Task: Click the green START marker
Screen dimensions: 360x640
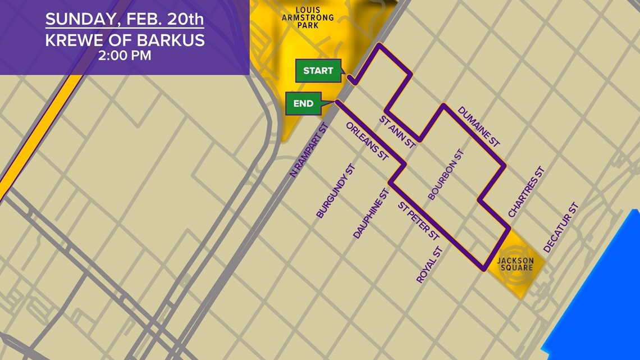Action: [318, 71]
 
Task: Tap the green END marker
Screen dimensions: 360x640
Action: [303, 103]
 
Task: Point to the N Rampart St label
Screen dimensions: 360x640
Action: [308, 151]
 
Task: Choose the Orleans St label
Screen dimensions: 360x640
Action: [367, 143]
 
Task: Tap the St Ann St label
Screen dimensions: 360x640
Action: [397, 133]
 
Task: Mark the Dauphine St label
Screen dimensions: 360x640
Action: [371, 213]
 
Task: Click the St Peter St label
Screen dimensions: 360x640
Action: [418, 222]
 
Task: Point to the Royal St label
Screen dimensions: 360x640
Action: [430, 264]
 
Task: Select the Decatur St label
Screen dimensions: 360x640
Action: [560, 227]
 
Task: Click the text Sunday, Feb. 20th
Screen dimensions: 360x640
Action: [124, 19]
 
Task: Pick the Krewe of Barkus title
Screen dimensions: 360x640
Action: [124, 40]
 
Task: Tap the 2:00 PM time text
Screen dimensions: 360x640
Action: [124, 56]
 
